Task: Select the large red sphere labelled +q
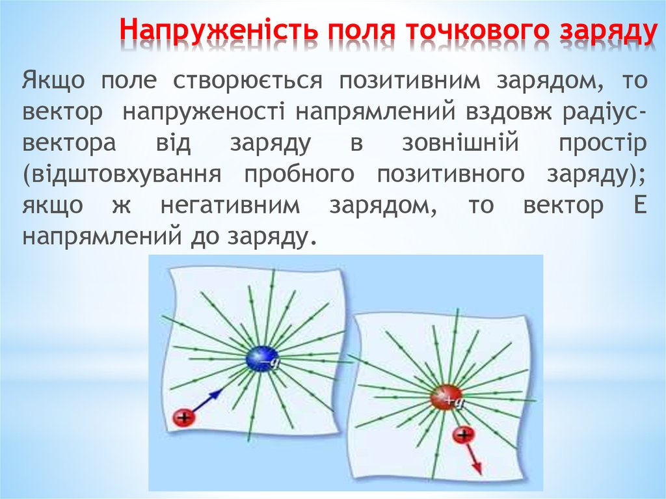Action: coord(446,397)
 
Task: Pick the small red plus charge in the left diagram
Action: coord(184,417)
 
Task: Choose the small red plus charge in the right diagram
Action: coord(464,435)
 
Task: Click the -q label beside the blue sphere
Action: coord(274,358)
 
